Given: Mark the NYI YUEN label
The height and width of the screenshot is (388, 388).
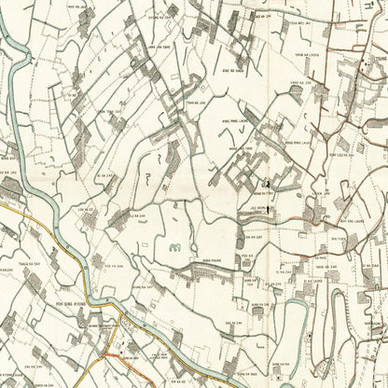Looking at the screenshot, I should coord(339,239).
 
